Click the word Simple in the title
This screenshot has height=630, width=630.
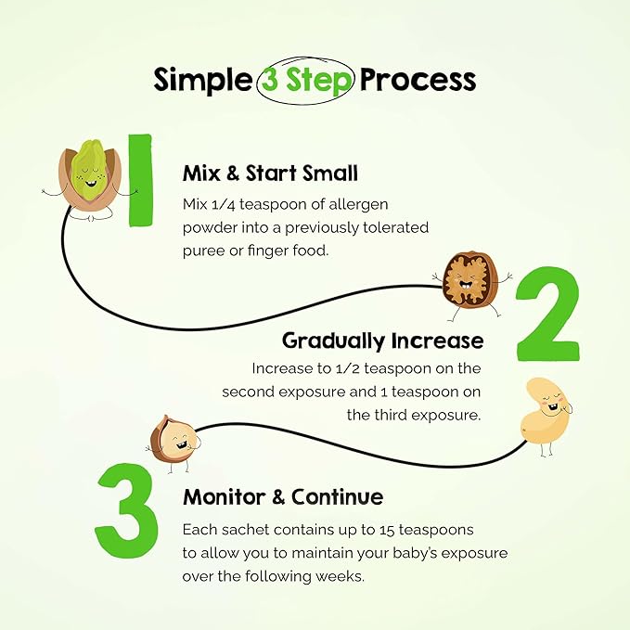(202, 81)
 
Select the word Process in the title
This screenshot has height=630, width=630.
(418, 79)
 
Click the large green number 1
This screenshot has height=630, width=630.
(140, 180)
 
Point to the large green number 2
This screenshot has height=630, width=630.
(548, 314)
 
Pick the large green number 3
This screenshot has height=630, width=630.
(126, 510)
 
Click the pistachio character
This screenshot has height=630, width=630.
(90, 180)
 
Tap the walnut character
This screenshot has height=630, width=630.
(471, 284)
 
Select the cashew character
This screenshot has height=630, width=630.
(546, 416)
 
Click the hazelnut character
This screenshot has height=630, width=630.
(174, 441)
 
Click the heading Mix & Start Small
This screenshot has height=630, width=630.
(270, 174)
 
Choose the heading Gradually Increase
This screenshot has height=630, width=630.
(382, 341)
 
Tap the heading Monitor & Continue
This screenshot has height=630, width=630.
(283, 496)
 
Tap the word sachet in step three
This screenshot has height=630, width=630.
(245, 530)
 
